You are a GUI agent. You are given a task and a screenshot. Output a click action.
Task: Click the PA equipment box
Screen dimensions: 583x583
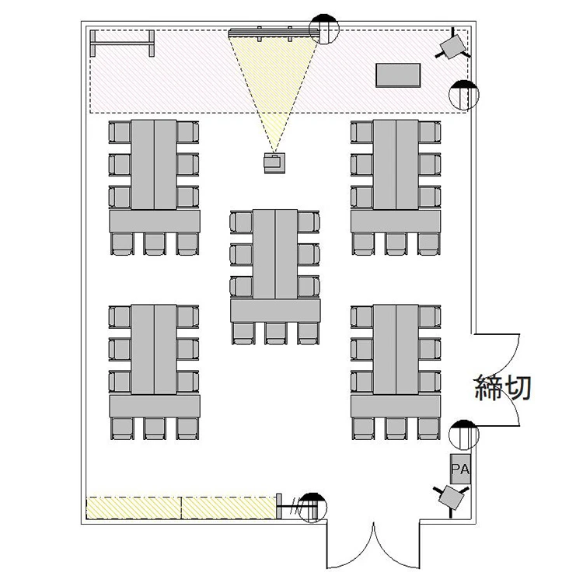[460, 469]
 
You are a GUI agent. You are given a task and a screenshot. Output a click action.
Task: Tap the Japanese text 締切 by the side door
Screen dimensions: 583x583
[503, 387]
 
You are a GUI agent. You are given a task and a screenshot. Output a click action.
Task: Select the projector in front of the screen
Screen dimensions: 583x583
[275, 163]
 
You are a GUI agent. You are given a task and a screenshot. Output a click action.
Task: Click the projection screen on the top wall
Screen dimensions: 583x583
[274, 33]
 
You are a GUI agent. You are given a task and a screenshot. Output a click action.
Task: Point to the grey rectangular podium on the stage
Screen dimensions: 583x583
[398, 75]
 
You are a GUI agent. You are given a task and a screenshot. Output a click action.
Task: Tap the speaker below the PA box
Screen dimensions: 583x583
[451, 497]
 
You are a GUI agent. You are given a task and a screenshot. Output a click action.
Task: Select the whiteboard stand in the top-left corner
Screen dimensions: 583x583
[122, 44]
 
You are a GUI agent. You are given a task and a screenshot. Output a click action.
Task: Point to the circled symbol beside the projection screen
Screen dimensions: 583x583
[324, 29]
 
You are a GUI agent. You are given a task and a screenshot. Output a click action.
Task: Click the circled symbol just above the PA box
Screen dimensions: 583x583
[463, 435]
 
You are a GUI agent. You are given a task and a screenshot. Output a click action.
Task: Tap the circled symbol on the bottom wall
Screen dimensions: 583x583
[312, 508]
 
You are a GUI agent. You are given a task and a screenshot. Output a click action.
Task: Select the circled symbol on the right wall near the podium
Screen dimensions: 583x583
[463, 95]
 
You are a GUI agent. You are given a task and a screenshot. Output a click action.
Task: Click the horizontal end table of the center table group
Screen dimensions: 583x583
[275, 310]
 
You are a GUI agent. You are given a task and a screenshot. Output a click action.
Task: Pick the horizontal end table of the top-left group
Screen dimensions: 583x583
[155, 222]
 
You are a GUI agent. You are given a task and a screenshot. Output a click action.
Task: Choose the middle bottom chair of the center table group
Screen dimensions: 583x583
[275, 333]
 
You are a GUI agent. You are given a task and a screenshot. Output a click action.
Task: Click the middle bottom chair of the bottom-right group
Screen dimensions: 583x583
[396, 428]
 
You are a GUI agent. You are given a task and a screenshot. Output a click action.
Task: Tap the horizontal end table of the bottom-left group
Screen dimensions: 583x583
[155, 406]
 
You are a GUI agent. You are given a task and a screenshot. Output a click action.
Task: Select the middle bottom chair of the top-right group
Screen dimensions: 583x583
[396, 244]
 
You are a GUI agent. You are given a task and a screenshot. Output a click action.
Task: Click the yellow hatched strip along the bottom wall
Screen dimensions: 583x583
[182, 508]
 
